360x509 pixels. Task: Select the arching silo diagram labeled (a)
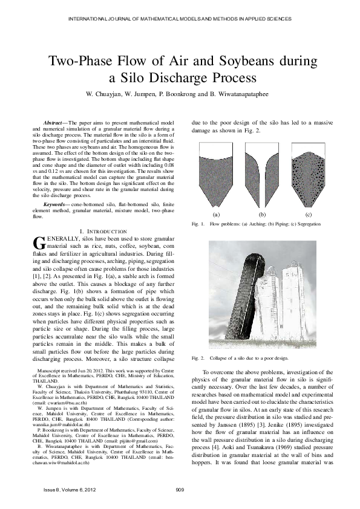216,175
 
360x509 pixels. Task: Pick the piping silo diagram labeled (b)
263,175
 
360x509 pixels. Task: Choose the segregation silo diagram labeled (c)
309,175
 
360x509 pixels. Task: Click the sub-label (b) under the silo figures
263,215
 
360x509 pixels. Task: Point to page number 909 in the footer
179,489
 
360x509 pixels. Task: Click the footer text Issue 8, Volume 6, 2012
56,489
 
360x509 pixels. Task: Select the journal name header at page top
180,19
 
